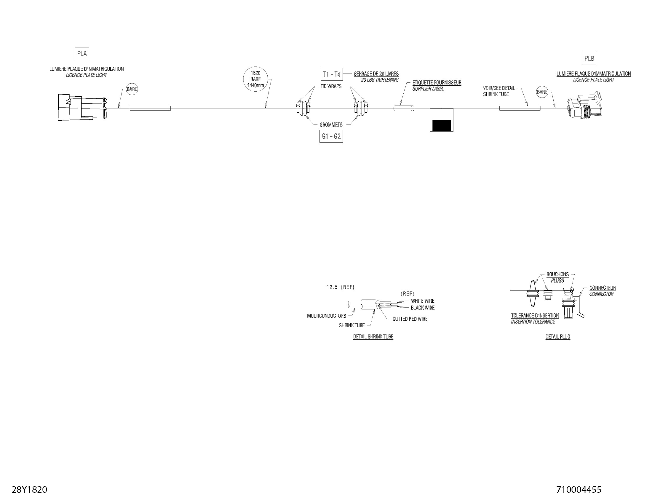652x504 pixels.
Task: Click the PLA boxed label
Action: pyautogui.click(x=82, y=54)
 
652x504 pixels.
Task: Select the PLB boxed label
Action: pyautogui.click(x=589, y=58)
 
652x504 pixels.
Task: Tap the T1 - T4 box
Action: pyautogui.click(x=332, y=74)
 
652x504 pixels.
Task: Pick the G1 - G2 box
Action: pyautogui.click(x=331, y=136)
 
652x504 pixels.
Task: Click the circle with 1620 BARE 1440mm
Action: pyautogui.click(x=255, y=79)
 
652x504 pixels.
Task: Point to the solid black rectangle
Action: pyautogui.click(x=442, y=125)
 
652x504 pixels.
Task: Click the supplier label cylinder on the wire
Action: pyautogui.click(x=404, y=109)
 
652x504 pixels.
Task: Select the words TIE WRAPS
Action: pyautogui.click(x=331, y=87)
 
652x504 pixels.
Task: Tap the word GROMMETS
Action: pyautogui.click(x=331, y=125)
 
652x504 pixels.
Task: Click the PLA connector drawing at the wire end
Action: pyautogui.click(x=82, y=108)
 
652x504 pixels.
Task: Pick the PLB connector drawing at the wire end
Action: pyautogui.click(x=584, y=105)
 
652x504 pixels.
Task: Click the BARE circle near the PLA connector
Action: pyautogui.click(x=132, y=89)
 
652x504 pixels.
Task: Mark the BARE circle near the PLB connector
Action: pyautogui.click(x=542, y=92)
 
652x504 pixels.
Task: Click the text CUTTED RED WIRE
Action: pyautogui.click(x=410, y=319)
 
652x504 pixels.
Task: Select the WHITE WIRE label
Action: pyautogui.click(x=422, y=301)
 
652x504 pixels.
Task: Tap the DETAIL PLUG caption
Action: pyautogui.click(x=558, y=337)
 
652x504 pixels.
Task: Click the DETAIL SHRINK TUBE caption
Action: pyautogui.click(x=373, y=337)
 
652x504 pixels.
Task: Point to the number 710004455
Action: pyautogui.click(x=579, y=490)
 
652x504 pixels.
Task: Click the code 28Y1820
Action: pyautogui.click(x=29, y=490)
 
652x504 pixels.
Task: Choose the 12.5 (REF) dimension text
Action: pyautogui.click(x=340, y=287)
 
